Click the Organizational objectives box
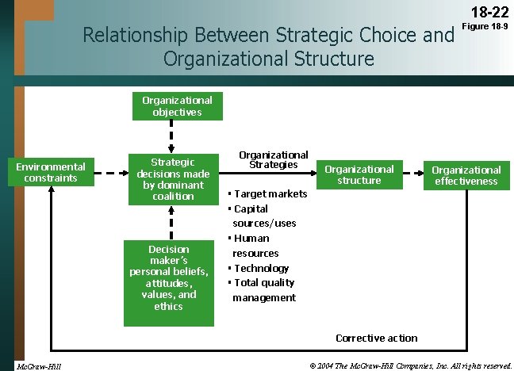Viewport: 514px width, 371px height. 177,106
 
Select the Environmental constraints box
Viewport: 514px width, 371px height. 51,172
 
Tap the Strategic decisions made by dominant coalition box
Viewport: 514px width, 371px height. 172,178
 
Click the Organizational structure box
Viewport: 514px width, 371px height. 359,174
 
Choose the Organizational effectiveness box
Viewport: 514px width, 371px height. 466,175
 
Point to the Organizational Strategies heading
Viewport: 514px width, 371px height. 274,160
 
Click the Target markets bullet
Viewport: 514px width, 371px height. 267,194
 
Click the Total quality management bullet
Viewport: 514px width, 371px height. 263,290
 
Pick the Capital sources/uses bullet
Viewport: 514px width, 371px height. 263,216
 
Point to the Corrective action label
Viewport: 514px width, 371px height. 376,338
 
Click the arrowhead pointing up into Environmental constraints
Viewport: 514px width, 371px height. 51,193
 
